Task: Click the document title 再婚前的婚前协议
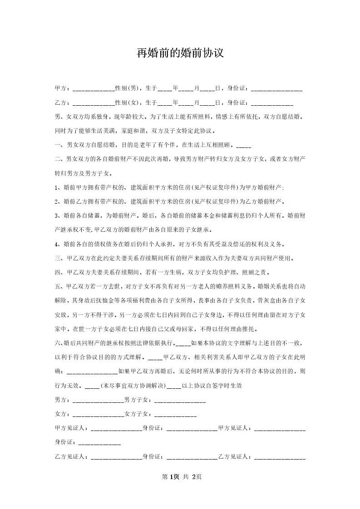(180, 54)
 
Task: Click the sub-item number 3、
(58, 216)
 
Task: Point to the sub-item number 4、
(58, 245)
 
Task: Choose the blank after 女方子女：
(176, 414)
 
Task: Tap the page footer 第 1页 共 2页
(180, 477)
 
